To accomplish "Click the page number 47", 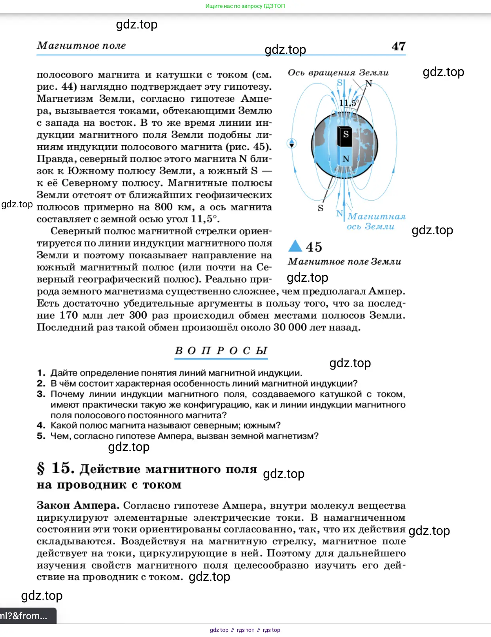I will pos(398,46).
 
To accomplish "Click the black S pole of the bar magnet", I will pos(346,135).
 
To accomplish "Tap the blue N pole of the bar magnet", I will pos(346,159).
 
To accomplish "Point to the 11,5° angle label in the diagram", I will pos(349,103).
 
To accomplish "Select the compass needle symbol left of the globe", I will pos(292,143).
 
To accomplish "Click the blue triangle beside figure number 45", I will pos(295,246).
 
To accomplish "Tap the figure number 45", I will pos(314,247).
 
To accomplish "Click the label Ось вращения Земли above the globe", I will pos(338,73).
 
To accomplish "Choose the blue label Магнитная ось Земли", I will pos(376,222).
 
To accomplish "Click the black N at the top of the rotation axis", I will pos(369,83).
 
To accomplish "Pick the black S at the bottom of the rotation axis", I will pos(321,208).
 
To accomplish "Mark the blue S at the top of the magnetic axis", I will pos(340,83).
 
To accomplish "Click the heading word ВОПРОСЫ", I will pos(221,351).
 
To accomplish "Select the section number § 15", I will pos(55,468).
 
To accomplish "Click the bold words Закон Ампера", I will pos(77,505).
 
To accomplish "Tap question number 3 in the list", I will pos(41,394).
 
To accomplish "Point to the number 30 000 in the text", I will pos(290,327).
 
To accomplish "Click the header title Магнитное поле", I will pos(81,46).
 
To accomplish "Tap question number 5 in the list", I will pos(41,436).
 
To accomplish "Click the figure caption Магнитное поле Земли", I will pos(344,262).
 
